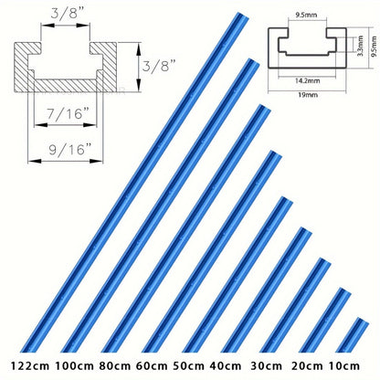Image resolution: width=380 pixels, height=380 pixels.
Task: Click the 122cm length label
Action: point(30,365)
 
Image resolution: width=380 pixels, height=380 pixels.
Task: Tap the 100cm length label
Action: point(74,365)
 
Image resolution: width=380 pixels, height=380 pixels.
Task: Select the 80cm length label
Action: point(114,365)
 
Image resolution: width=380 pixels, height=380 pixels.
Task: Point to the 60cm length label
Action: point(152,365)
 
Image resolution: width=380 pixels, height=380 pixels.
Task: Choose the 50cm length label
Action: point(188,365)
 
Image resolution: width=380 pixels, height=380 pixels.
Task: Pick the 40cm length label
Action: point(226,365)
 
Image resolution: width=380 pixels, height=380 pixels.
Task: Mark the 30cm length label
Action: point(266,365)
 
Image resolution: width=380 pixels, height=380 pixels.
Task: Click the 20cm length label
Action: point(307,365)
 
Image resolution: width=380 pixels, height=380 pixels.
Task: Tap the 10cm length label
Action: point(344,365)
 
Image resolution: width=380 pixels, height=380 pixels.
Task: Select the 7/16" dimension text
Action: point(69,113)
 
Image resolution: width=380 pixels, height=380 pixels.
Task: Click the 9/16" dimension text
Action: point(70,150)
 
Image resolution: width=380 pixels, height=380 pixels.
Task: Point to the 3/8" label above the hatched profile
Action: point(68,14)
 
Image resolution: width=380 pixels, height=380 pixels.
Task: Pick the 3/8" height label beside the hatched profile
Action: point(159,66)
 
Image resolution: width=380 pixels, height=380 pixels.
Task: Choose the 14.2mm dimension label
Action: point(308,81)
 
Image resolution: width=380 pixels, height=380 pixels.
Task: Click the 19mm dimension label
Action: point(308,95)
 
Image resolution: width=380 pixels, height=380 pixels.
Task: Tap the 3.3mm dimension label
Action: point(361,46)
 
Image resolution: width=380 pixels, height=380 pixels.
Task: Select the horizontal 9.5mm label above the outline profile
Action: point(306,15)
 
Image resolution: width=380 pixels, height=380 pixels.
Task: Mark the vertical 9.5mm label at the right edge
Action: point(375,46)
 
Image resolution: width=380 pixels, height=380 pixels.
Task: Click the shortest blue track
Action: point(353,335)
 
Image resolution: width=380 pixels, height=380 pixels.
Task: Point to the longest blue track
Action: point(134,182)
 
